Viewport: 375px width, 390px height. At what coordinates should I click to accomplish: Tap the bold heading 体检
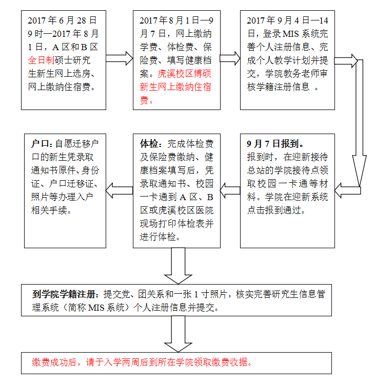149,143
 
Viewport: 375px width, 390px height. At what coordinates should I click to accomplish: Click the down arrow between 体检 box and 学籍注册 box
177,266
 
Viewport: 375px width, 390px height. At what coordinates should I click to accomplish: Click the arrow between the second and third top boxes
229,58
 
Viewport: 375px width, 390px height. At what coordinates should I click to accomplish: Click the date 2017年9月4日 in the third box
277,21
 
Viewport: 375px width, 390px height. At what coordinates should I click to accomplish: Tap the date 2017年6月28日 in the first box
62,21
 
